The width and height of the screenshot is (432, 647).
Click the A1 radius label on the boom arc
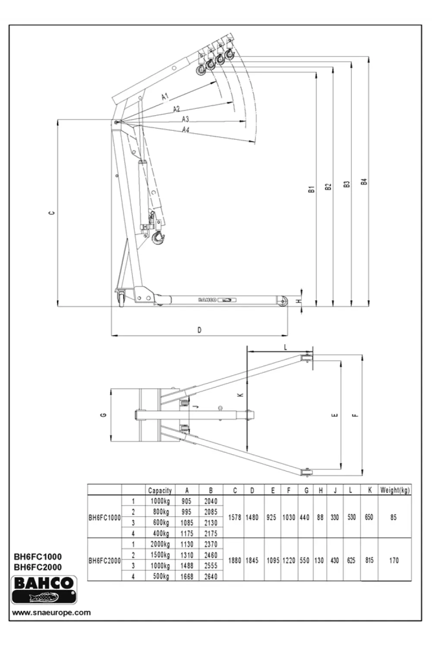165,97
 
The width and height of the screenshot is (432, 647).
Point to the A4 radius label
186,129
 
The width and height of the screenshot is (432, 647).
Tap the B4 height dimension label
364,182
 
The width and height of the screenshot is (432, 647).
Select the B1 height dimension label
311,188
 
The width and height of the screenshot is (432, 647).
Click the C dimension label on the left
51,213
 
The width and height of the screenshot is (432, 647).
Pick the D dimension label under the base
199,330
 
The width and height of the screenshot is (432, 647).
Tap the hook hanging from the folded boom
158,238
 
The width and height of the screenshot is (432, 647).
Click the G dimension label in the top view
103,415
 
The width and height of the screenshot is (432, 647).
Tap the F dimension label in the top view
355,415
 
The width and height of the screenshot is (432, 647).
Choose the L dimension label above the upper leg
285,347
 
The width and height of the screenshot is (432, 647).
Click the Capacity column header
160,490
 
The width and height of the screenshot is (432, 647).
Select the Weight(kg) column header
394,490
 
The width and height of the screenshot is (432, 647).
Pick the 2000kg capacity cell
160,544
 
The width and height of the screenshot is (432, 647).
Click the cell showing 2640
211,576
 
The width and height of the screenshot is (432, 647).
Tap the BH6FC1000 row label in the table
104,518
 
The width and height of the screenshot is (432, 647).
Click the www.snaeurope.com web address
51,612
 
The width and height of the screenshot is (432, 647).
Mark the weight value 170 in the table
394,560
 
